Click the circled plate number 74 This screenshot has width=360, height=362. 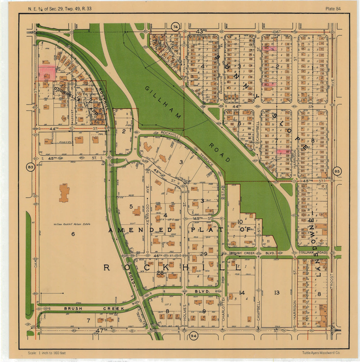(175, 27)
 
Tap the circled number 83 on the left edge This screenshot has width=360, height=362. (30, 167)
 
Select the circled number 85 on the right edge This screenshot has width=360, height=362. (337, 172)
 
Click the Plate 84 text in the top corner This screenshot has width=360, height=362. (333, 8)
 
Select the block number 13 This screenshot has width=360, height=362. (277, 293)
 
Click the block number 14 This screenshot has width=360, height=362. (242, 293)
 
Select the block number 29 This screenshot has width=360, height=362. (204, 254)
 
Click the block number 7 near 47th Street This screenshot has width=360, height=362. (88, 321)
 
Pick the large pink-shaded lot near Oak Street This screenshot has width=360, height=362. (47, 73)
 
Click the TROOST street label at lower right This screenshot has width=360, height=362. (332, 282)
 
